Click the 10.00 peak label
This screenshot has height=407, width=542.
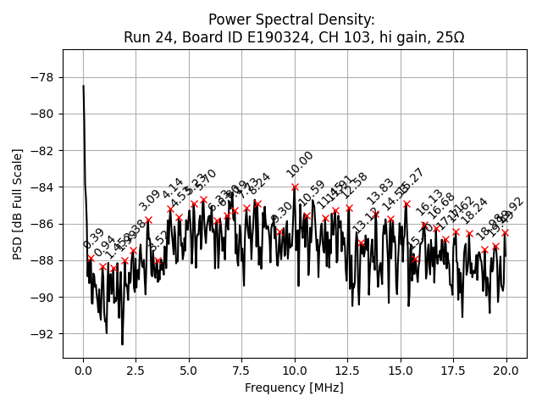pos(300,164)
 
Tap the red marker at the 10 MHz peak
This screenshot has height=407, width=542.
pos(295,187)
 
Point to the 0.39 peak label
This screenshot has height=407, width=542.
pos(94,239)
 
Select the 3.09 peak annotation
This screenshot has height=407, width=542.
pos(150,200)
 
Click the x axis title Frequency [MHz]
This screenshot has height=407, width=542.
pos(294,387)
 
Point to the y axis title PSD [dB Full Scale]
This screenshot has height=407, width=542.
pos(18,203)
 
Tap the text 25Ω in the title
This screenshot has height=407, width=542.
pos(447,37)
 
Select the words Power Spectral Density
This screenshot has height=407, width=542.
pos(291,20)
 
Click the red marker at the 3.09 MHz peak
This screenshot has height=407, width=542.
pos(148,220)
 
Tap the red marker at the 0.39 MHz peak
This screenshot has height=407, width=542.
pos(91,258)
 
